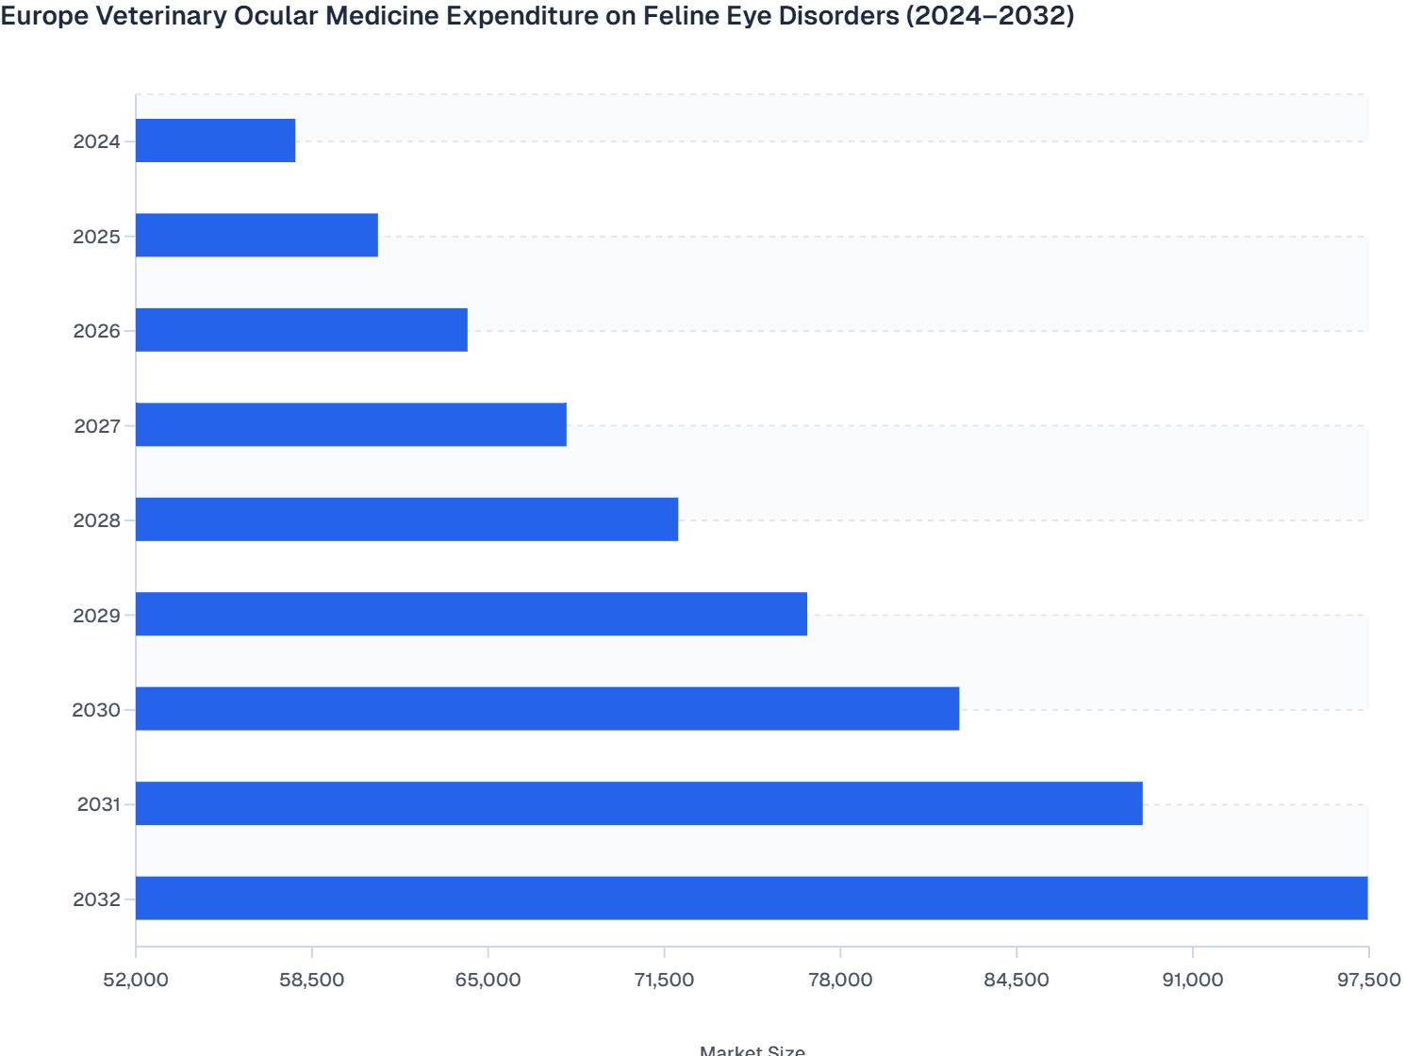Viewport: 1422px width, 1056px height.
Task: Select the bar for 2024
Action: tap(215, 140)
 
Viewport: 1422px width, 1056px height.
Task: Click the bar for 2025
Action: tap(256, 235)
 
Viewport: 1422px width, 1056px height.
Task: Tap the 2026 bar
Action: tap(302, 330)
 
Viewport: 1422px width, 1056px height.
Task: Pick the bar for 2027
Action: tap(351, 424)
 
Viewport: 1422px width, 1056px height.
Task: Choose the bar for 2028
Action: tap(406, 520)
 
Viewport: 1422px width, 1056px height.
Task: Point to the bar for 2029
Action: tap(471, 614)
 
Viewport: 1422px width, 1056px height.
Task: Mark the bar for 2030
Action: tap(547, 709)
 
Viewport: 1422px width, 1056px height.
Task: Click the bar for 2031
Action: tap(639, 803)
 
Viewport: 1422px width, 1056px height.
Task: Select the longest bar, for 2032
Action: tap(752, 899)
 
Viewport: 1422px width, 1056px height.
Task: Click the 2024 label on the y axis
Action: tap(97, 142)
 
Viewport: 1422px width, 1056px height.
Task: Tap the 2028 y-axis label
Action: tap(97, 520)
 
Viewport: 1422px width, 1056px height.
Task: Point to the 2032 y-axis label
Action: tap(97, 899)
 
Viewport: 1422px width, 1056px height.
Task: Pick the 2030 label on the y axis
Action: tap(97, 710)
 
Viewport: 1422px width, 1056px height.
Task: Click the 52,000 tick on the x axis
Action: tap(136, 980)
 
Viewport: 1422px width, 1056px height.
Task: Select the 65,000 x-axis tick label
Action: tap(488, 980)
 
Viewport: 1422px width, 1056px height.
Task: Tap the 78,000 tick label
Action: tap(840, 980)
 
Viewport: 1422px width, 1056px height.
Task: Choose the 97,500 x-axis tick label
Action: tap(1368, 980)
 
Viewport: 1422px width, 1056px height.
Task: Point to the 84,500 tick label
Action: tap(1017, 980)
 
